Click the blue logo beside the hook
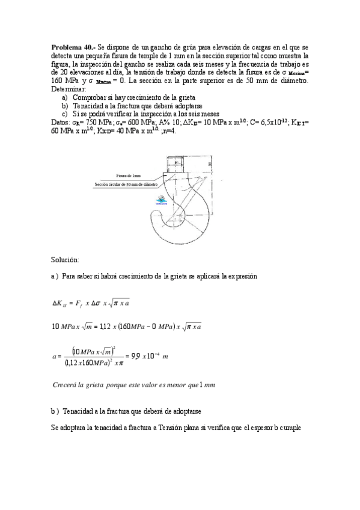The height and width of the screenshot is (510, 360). tap(161, 201)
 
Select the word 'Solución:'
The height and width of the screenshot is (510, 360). tap(66, 259)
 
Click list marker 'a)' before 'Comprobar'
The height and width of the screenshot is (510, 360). tap(65, 97)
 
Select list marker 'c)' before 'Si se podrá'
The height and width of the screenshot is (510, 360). tap(65, 114)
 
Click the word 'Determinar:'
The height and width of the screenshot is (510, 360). tap(69, 88)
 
